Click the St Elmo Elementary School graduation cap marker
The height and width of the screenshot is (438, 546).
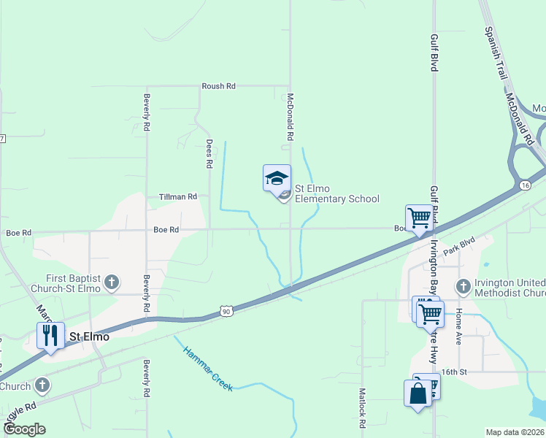(277, 177)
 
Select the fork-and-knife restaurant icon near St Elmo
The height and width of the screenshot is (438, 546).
(50, 334)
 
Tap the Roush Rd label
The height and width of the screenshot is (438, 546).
(218, 86)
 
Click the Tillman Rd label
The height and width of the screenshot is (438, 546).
(178, 197)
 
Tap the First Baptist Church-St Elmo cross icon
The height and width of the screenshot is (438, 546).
(112, 283)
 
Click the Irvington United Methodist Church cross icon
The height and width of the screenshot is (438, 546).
(461, 285)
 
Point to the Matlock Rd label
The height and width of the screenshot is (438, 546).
(361, 407)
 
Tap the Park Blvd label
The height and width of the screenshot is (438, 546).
(464, 245)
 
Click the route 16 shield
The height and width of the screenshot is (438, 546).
(525, 187)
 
